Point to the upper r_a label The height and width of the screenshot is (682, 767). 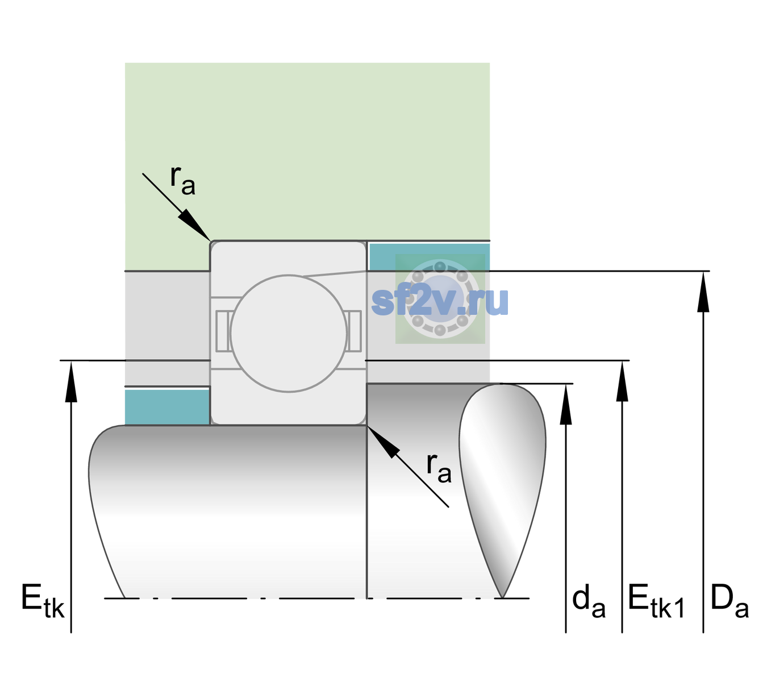[x=183, y=181]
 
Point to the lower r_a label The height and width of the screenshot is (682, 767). [x=439, y=468]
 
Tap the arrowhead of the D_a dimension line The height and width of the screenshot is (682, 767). [x=703, y=292]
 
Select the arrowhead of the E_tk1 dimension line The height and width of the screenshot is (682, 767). [x=622, y=381]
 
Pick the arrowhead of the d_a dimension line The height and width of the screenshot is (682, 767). [x=566, y=404]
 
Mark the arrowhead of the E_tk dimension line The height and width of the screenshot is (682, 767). [x=71, y=381]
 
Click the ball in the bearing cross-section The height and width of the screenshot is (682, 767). [x=289, y=333]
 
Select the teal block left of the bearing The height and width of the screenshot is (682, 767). [x=167, y=407]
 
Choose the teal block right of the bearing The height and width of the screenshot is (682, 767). [x=430, y=257]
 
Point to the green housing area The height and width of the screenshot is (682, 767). [x=307, y=152]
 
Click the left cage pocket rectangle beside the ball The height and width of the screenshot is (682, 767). [x=223, y=331]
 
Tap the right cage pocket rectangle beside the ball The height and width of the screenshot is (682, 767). [x=355, y=331]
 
